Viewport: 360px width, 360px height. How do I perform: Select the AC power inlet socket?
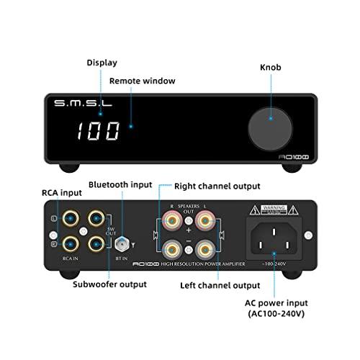272,237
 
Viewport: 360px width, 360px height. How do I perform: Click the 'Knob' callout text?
271,67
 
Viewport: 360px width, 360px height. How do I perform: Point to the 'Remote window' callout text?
142,81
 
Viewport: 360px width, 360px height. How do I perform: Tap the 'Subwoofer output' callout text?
109,284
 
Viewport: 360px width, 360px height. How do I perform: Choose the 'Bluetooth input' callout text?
120,185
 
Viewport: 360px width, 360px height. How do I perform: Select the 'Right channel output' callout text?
216,186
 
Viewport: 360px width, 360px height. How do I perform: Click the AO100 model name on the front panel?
294,155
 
